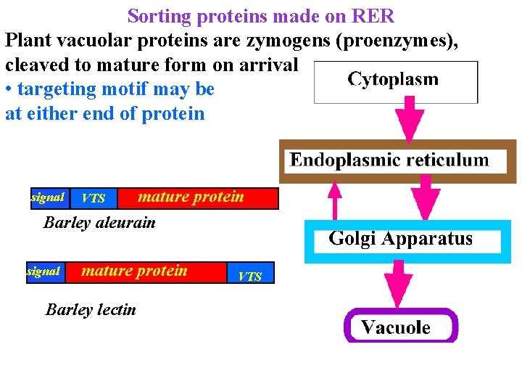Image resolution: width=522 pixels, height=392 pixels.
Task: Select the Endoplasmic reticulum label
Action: [389, 160]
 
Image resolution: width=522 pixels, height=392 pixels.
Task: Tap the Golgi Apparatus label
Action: [400, 239]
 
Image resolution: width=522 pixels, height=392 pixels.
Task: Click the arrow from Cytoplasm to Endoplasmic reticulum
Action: [410, 120]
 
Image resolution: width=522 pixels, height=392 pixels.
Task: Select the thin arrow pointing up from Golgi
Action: [335, 200]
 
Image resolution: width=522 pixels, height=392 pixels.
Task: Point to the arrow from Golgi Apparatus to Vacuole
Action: [398, 284]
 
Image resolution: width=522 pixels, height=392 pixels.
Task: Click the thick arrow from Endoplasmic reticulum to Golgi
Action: [426, 197]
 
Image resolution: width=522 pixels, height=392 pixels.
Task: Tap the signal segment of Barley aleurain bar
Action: [50, 198]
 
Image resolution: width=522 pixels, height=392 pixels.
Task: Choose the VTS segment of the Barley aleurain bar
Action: [94, 198]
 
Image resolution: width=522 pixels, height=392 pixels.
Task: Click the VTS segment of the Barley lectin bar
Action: [251, 273]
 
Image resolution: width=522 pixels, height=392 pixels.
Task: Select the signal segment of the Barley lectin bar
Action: [46, 273]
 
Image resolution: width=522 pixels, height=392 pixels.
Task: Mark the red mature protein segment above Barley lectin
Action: [146, 273]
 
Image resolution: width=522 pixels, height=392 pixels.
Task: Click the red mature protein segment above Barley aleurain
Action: [198, 198]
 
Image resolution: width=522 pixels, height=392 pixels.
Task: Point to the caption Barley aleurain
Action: [99, 223]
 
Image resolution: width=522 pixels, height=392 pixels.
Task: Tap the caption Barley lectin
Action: [91, 310]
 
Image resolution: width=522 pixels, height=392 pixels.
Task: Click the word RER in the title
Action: [373, 16]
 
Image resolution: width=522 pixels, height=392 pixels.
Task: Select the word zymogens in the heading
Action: [289, 41]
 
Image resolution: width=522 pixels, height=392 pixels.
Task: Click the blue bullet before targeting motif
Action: [9, 90]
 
